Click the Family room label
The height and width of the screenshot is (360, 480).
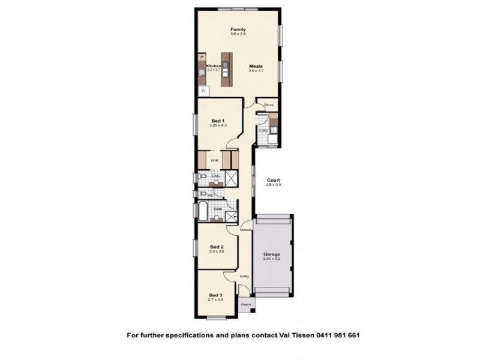(238, 29)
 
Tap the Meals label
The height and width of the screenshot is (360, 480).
(256, 67)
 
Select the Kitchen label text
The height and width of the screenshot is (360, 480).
(213, 66)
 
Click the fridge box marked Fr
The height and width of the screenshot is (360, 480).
(204, 91)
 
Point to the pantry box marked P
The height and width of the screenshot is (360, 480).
(202, 57)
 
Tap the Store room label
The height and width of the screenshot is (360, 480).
(268, 106)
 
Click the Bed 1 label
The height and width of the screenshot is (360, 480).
(217, 121)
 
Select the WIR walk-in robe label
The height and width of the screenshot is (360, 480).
(214, 161)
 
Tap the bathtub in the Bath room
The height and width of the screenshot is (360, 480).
(203, 211)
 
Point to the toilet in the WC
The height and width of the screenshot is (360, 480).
(203, 194)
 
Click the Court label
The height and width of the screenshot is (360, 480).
(274, 180)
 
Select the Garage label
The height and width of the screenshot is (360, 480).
(272, 254)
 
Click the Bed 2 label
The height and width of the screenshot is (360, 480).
(217, 247)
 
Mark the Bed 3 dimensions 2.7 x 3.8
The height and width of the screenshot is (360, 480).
(216, 299)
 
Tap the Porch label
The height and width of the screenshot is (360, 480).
(246, 304)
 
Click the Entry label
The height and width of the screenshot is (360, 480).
(244, 276)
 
